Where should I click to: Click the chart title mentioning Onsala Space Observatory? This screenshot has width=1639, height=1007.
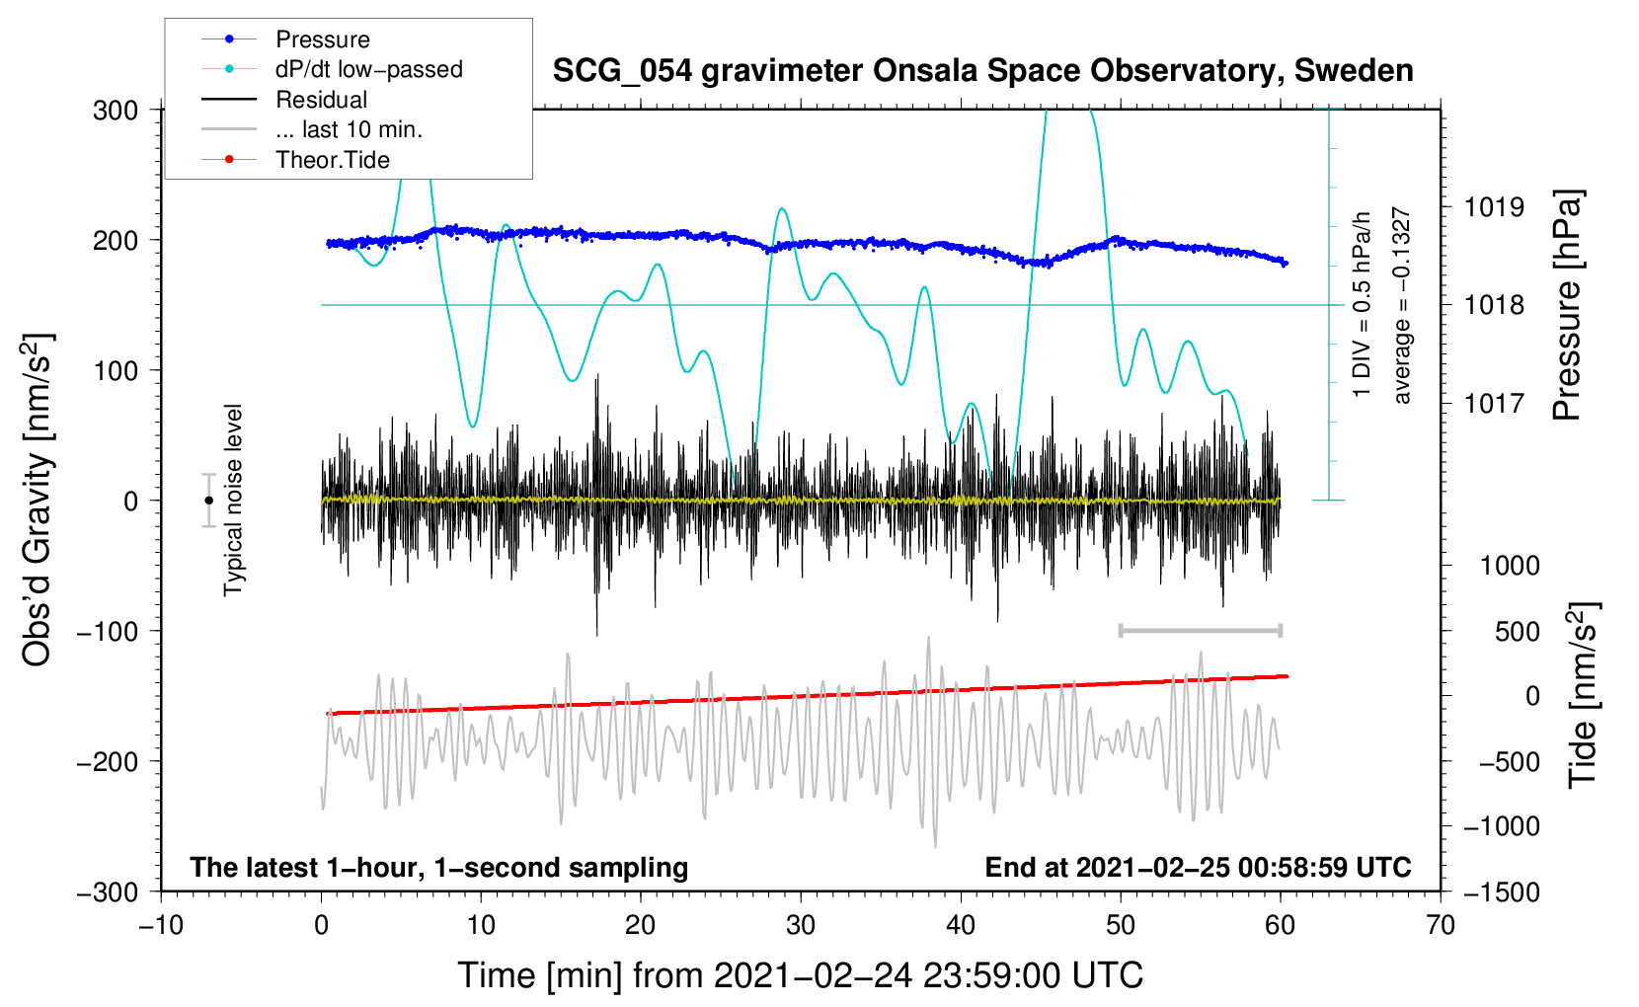[982, 71]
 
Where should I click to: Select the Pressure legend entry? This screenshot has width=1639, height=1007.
[286, 39]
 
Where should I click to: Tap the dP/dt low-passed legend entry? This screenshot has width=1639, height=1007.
[332, 69]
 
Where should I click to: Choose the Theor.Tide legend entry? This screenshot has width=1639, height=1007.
[295, 160]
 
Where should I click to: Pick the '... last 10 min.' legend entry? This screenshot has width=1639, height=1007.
[312, 129]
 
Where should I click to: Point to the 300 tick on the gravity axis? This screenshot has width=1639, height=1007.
[116, 111]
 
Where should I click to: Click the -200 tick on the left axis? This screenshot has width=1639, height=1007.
[109, 762]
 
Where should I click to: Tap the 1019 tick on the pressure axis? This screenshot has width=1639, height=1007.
[1494, 207]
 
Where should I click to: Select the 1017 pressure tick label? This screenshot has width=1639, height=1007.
[1494, 403]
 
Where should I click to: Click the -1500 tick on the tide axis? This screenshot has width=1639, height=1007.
[1502, 892]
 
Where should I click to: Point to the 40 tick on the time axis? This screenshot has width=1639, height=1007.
[961, 926]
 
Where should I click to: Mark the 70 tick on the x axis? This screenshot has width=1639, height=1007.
[1440, 926]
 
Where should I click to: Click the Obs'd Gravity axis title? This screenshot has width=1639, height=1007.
[37, 500]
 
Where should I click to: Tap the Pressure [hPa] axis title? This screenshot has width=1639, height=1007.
[1566, 305]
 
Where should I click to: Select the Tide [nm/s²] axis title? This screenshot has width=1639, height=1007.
[1583, 695]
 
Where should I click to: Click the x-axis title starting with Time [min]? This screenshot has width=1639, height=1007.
[801, 975]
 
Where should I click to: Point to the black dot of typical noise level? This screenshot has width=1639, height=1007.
[208, 501]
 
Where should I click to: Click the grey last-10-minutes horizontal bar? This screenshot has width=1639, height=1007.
[1200, 630]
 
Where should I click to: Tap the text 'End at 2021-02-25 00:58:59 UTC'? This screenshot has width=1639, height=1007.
[1198, 867]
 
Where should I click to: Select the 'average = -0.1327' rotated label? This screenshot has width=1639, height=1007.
[1401, 305]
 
